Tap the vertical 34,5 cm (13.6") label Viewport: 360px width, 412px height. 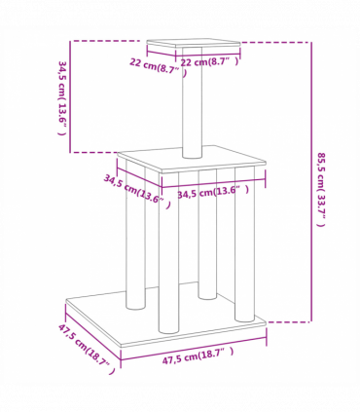pyautogui.click(x=61, y=98)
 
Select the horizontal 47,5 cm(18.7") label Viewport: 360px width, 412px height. pyautogui.click(x=198, y=356)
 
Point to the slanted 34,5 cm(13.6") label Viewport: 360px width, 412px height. pyautogui.click(x=135, y=189)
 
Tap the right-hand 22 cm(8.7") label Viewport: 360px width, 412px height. pyautogui.click(x=209, y=61)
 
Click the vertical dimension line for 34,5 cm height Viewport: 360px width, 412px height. pyautogui.click(x=70, y=96)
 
